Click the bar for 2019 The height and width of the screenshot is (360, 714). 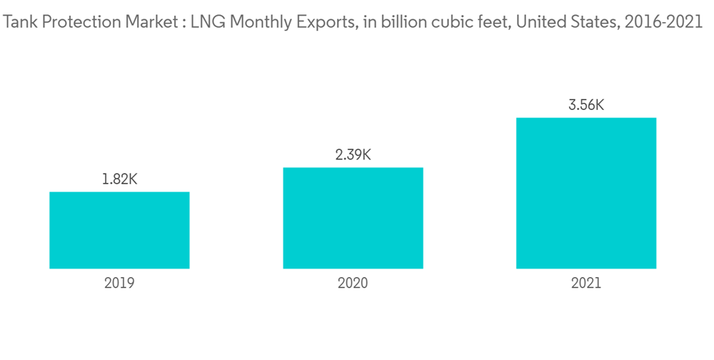119,230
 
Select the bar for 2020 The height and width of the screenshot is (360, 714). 353,218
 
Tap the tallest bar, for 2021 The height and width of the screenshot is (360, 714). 586,193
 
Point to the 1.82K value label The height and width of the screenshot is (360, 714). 119,179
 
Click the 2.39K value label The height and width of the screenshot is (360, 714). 353,154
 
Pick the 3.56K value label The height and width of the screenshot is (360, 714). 586,105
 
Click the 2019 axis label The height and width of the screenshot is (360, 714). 119,283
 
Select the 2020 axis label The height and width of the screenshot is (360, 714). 353,283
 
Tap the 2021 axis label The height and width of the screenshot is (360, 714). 586,283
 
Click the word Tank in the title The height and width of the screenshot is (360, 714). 19,23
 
